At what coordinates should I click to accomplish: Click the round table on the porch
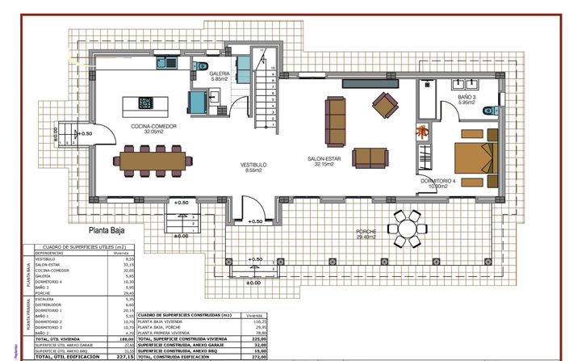point(404,228)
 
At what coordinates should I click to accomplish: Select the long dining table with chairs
point(157,160)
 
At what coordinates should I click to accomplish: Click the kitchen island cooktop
point(146,103)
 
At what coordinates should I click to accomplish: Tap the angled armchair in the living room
point(385,103)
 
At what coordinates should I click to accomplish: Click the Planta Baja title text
point(111,229)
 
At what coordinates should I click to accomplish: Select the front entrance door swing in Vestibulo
point(253,208)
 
